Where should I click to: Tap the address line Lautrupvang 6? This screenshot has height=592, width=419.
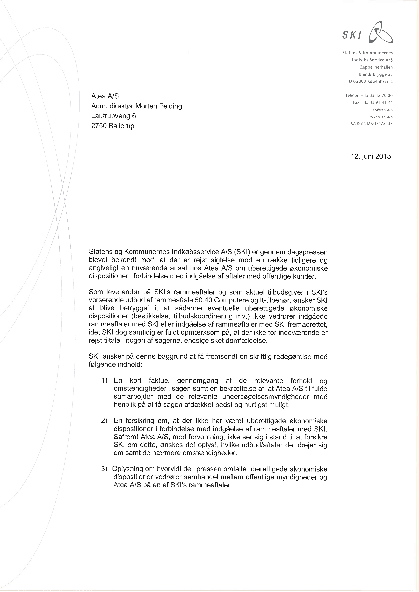(114, 116)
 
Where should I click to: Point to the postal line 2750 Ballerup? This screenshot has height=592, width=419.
(113, 126)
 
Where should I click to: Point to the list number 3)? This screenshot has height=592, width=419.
(104, 469)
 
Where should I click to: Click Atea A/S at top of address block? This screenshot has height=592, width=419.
(105, 96)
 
